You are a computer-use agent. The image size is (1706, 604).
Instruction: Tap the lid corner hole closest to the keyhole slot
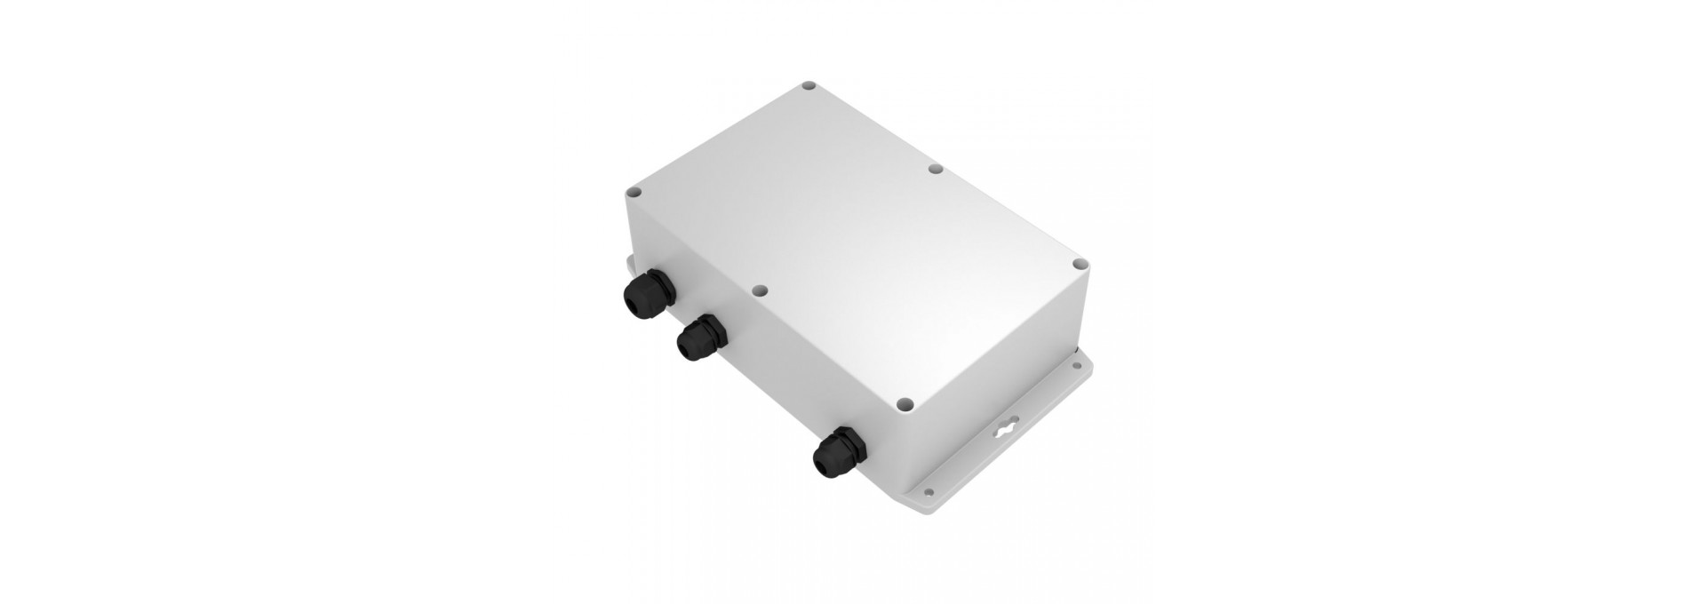905,402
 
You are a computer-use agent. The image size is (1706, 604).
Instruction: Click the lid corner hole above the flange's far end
1080,264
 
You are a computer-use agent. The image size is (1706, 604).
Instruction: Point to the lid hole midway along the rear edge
934,167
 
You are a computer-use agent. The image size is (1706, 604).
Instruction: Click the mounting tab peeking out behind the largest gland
627,264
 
